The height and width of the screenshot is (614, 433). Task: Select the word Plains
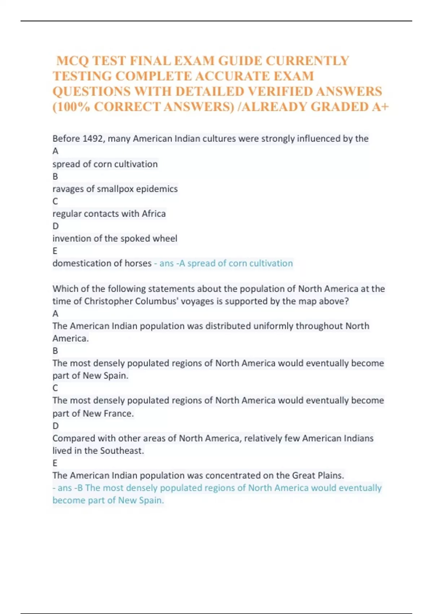tap(330, 476)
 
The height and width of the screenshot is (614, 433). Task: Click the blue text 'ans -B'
tap(70, 488)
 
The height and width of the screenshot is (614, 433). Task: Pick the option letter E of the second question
tap(55, 463)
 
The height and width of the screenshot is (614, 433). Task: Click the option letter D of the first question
tap(55, 226)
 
